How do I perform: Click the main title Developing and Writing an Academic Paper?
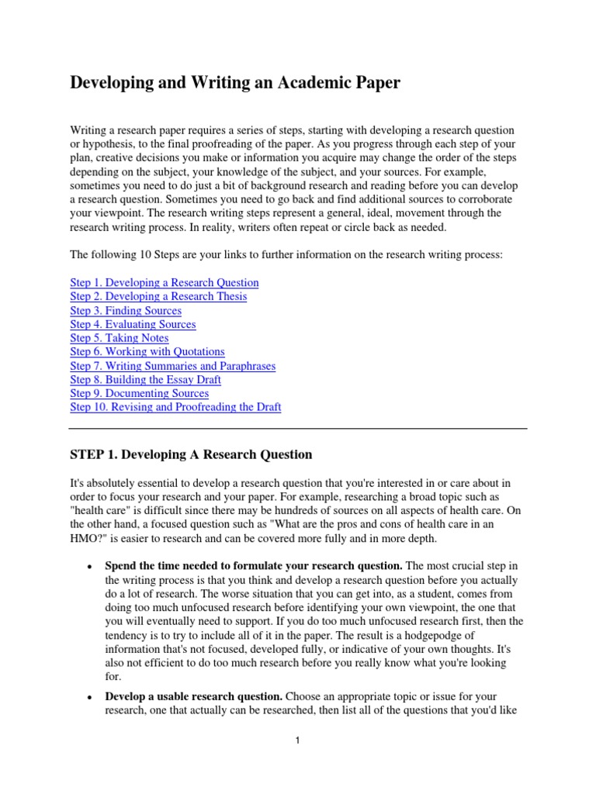coord(235,82)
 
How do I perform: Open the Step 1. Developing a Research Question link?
coord(165,283)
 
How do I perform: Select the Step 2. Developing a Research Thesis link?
coord(158,297)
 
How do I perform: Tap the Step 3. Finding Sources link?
coord(126,311)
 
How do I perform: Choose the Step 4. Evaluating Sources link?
coord(133,325)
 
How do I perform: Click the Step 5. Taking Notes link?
coord(119,338)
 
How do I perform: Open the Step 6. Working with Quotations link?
coord(147,352)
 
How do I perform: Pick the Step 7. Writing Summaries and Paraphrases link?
coord(172,366)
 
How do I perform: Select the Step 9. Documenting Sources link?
coord(139,394)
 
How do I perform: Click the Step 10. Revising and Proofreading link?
coord(175,407)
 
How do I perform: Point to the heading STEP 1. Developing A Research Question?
coord(191,454)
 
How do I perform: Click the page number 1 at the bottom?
coord(297,740)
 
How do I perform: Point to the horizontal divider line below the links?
coord(298,428)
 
